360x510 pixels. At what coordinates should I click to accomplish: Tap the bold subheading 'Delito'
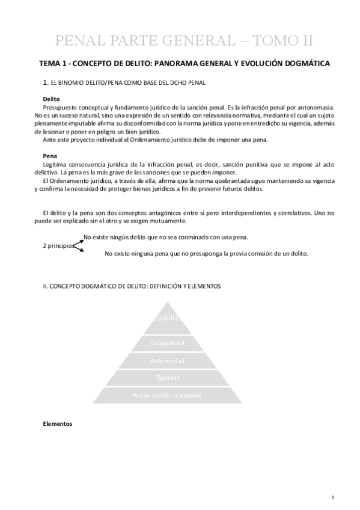52,98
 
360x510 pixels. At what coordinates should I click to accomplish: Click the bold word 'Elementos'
58,423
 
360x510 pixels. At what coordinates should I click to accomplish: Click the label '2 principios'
58,246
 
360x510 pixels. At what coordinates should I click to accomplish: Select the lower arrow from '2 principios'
79,250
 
